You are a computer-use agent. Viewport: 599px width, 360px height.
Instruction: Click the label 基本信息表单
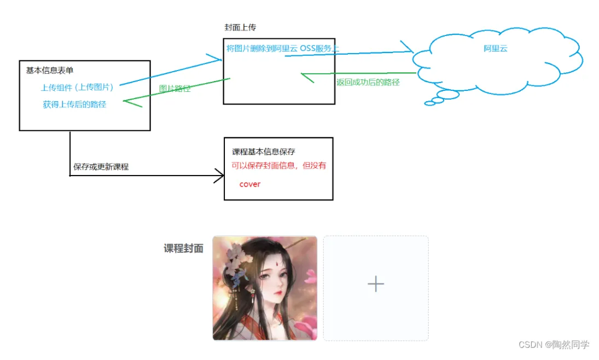[x=50, y=70]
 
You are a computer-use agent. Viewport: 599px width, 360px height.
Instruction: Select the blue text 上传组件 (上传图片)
[x=77, y=88]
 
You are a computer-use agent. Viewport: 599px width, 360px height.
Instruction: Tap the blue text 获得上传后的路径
[x=74, y=104]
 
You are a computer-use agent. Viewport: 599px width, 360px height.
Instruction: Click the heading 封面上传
[x=240, y=28]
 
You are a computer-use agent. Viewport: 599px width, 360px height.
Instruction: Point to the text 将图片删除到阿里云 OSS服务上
[x=282, y=48]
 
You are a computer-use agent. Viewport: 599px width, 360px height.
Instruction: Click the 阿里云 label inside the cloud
[x=496, y=48]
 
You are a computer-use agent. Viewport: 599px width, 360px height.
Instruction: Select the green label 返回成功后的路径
[x=368, y=82]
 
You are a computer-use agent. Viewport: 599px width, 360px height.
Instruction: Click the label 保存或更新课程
[x=101, y=166]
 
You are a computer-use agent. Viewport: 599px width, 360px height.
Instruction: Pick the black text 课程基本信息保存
[x=264, y=152]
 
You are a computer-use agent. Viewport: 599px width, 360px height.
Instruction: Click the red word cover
[x=250, y=184]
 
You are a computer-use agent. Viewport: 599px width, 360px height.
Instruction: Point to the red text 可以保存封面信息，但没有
[x=279, y=165]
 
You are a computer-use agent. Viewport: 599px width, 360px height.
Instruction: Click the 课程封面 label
[x=183, y=248]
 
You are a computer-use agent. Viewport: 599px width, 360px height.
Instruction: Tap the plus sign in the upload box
[x=376, y=284]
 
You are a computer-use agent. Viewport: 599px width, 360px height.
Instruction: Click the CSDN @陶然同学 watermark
[x=554, y=345]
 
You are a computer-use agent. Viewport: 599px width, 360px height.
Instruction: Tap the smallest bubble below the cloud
[x=430, y=103]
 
